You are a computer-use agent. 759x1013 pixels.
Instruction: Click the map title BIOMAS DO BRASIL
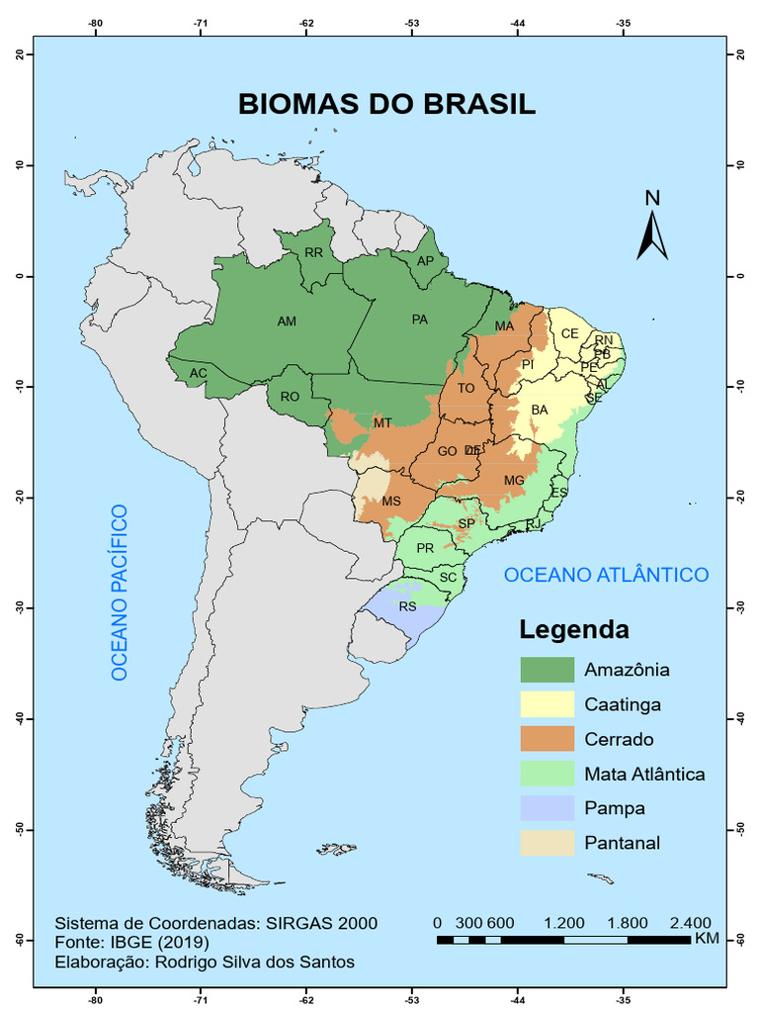386,104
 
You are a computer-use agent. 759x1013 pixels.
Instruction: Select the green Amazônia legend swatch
547,670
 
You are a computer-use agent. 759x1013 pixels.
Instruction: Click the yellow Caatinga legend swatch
547,704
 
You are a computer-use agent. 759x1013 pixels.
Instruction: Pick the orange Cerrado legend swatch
547,739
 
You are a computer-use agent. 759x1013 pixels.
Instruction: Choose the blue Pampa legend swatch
547,808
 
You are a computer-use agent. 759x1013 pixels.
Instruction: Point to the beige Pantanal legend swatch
547,843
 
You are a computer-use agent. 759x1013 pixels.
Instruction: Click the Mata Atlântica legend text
644,774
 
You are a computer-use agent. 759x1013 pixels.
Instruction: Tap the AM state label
287,322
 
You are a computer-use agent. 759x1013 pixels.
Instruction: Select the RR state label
313,253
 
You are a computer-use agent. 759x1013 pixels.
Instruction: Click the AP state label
425,261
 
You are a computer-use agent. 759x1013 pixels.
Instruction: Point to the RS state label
408,606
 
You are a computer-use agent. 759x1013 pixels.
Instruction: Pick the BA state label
540,410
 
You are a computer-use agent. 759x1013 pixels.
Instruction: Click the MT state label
382,423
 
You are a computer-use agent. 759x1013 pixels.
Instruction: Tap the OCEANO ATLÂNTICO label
606,575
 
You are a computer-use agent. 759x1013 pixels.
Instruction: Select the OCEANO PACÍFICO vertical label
120,593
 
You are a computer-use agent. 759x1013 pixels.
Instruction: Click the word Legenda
574,629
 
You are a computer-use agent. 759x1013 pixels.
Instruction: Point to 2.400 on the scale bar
689,922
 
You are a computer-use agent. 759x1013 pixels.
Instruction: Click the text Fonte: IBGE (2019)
145,942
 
